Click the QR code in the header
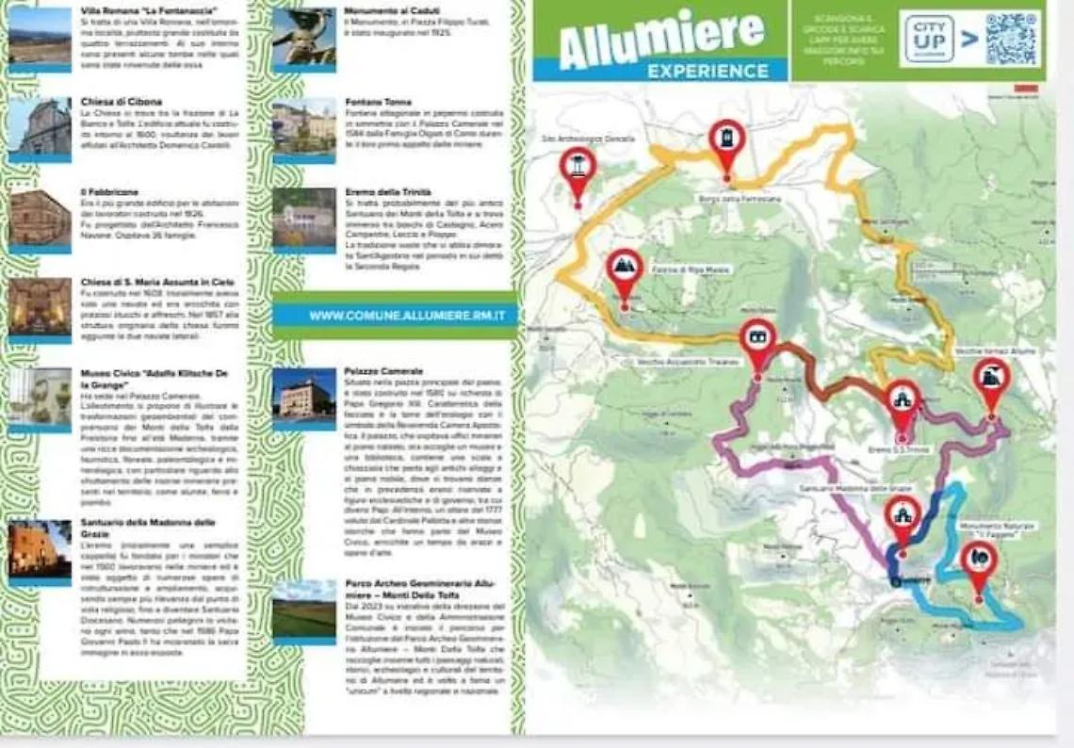pos(1012,39)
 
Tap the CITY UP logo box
pos(929,39)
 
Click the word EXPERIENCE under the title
pos(708,71)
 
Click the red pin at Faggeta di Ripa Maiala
pos(624,270)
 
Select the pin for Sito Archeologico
pos(578,169)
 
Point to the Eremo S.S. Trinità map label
pos(898,450)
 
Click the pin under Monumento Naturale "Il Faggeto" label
pos(979,561)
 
